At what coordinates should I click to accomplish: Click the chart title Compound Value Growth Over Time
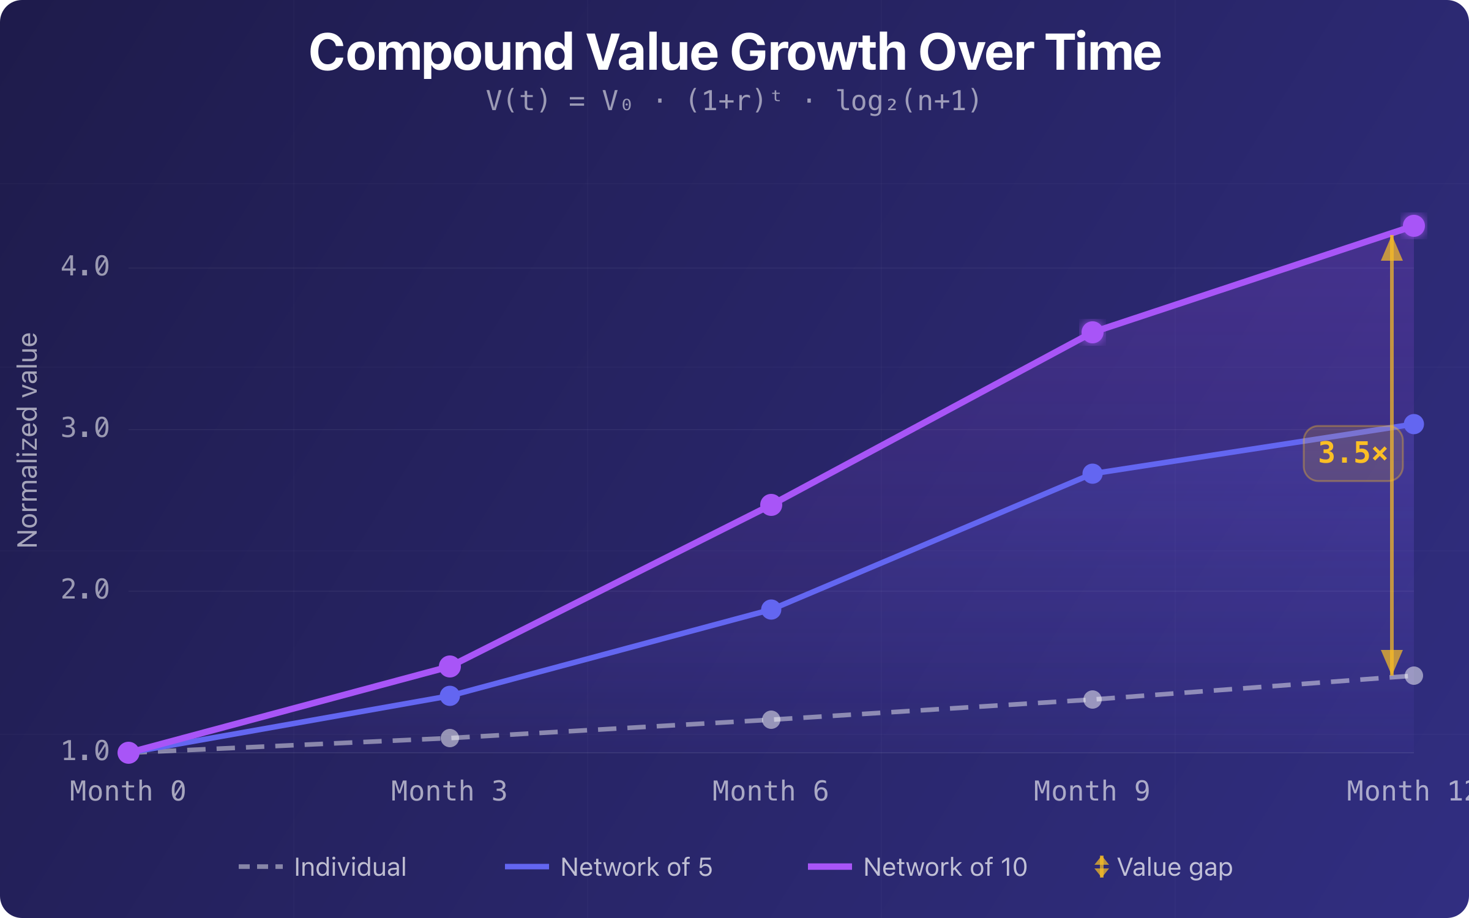tap(734, 53)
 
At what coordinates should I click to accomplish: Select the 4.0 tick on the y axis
tap(85, 266)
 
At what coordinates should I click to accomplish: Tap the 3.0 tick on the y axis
tap(85, 428)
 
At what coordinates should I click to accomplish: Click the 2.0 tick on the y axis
tap(85, 589)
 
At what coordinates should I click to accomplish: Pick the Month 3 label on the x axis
tap(449, 791)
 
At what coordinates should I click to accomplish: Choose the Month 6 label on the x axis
tap(771, 791)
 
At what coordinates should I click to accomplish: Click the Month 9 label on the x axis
tap(1092, 791)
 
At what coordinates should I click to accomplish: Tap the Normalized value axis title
tap(28, 441)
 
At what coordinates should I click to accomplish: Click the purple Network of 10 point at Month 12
tap(1413, 226)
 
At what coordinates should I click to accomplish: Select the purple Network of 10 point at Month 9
tap(1093, 333)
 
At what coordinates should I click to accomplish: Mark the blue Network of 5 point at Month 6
tap(771, 610)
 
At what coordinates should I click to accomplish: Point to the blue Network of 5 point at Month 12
tap(1413, 424)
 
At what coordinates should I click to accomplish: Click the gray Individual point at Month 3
tap(450, 738)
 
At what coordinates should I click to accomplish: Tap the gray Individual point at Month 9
tap(1093, 700)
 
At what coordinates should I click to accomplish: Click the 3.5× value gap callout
tap(1353, 453)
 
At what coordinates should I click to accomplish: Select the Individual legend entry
tap(323, 867)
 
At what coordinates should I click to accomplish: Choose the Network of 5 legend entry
tap(609, 867)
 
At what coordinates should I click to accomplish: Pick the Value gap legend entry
tap(1163, 867)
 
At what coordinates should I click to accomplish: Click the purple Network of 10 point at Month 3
tap(450, 666)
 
